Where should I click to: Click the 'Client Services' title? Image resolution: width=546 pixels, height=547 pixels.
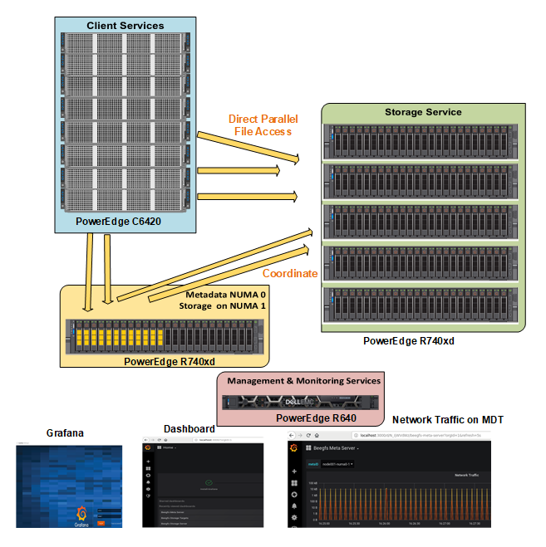pyautogui.click(x=125, y=26)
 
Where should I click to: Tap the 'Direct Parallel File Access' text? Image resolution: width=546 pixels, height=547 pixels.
pyautogui.click(x=262, y=125)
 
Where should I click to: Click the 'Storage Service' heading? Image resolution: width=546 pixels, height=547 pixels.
pyautogui.click(x=423, y=112)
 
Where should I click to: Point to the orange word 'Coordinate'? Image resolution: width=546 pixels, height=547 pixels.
pyautogui.click(x=290, y=273)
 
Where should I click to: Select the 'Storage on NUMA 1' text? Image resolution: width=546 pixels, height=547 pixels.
pyautogui.click(x=223, y=306)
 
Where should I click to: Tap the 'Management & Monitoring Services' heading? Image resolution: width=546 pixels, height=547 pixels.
pyautogui.click(x=303, y=381)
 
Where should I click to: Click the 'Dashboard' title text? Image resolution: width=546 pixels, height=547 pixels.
pyautogui.click(x=189, y=428)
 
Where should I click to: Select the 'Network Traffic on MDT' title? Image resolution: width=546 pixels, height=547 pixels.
pyautogui.click(x=447, y=419)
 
